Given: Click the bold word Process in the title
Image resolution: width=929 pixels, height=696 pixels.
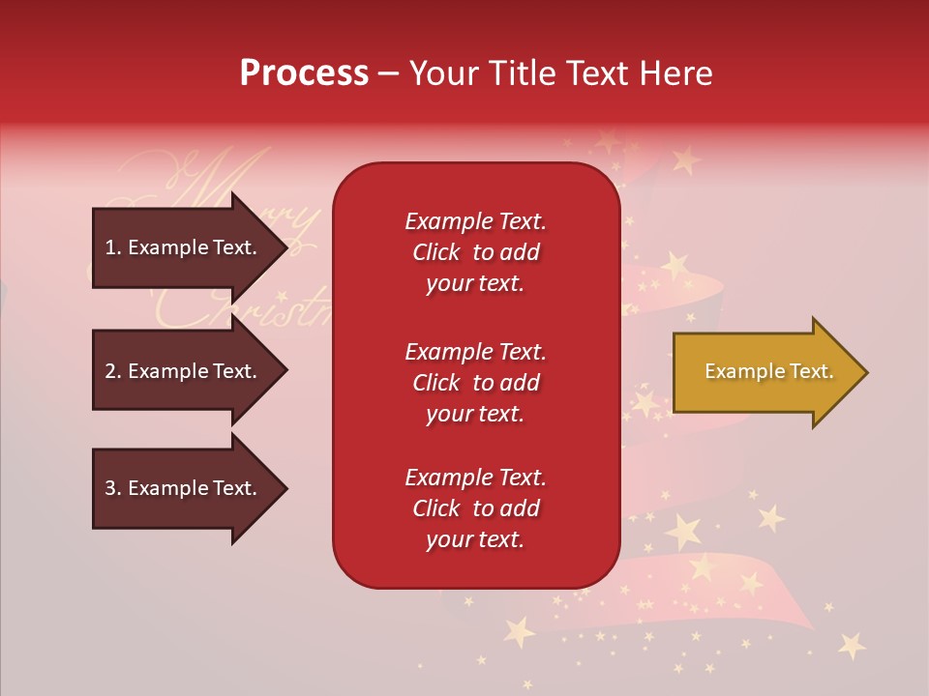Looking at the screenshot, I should [304, 73].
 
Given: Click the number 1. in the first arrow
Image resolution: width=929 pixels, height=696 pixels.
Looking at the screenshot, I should [113, 247].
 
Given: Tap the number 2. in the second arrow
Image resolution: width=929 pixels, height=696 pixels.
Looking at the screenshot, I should [113, 371].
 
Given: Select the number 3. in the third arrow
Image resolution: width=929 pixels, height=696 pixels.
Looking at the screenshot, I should [113, 488].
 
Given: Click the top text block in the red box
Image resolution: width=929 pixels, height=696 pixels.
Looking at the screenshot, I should [475, 252].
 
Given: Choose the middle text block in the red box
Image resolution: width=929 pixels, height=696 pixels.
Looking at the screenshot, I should [475, 383].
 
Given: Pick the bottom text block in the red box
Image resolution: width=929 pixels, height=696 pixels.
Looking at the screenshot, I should [475, 508].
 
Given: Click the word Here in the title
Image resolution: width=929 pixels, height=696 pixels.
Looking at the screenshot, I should [674, 73].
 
